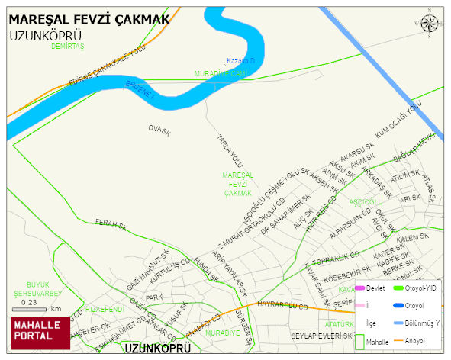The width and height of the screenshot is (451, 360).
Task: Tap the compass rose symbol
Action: click(430, 24)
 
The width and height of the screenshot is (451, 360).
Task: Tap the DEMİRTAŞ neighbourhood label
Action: click(67, 47)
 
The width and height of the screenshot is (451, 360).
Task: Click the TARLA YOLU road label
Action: click(230, 150)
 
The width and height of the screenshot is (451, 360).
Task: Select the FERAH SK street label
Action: click(110, 223)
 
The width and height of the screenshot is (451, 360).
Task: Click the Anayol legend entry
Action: click(416, 340)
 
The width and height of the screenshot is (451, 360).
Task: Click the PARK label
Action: click(154, 297)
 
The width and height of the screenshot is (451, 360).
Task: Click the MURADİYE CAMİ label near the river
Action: click(221, 73)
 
